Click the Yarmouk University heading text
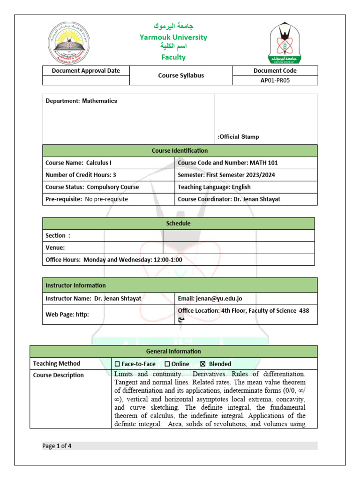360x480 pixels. coord(173,37)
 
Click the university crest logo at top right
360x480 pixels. coord(285,44)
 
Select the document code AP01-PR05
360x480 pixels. coord(275,80)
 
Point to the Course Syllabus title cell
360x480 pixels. coord(181,75)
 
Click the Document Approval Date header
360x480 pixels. coord(86,71)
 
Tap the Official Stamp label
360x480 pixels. coord(239,137)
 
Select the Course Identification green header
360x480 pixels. coord(180,150)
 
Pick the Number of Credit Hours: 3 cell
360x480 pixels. coord(81,175)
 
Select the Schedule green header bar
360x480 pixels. coord(178,224)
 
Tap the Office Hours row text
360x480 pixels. coord(114,260)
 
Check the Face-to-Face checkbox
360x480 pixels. coord(117,364)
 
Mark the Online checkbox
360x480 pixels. coord(167,364)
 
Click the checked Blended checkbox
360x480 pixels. coord(202,364)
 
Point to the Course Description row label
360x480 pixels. coord(59,375)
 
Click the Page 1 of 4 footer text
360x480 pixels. coord(57,446)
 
